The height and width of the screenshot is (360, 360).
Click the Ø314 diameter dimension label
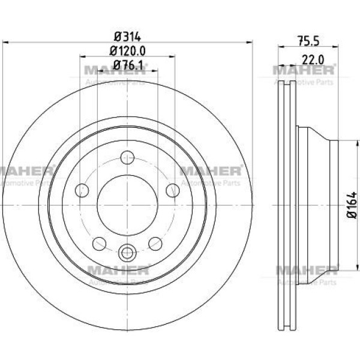[127, 37]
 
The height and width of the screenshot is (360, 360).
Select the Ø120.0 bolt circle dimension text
[127, 51]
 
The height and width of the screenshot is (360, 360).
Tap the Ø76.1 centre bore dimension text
[128, 65]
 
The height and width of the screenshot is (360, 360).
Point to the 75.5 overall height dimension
[309, 41]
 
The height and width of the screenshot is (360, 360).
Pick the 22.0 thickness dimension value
[313, 60]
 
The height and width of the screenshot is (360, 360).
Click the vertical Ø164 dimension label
[352, 205]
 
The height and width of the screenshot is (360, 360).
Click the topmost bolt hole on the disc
[127, 157]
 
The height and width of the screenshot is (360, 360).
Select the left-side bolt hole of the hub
[82, 190]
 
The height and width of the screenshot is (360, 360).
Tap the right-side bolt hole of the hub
[173, 190]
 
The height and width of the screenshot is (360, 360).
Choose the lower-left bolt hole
[99, 244]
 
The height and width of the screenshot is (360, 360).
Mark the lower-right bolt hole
[155, 244]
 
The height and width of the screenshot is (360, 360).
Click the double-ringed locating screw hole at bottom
[127, 253]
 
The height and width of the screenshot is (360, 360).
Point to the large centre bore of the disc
[127, 205]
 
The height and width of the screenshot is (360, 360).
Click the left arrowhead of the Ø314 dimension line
[5, 43]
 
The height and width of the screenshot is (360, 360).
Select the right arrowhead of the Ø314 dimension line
[250, 43]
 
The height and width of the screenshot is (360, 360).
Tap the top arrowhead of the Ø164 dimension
[357, 143]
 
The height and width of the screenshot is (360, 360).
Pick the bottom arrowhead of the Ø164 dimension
[357, 267]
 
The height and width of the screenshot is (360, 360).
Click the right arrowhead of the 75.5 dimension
[335, 47]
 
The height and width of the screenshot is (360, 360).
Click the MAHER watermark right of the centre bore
[211, 171]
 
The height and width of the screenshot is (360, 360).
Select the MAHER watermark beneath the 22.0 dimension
[304, 70]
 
